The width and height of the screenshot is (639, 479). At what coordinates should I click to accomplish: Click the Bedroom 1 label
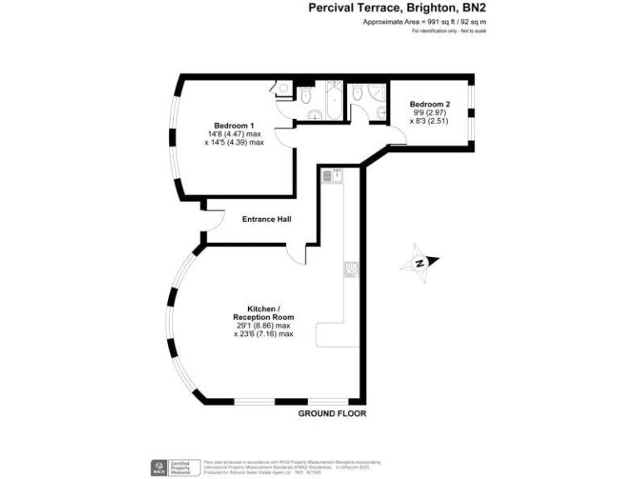coord(233,126)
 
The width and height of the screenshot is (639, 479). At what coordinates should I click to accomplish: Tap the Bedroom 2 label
coord(430,103)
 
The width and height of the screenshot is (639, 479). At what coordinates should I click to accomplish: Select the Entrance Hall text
coord(265,220)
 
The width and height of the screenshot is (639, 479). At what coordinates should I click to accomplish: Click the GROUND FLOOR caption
coord(332,413)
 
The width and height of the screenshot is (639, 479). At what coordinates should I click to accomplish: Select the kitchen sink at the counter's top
coord(338,175)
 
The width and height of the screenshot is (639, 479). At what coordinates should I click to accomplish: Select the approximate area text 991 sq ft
coord(424,22)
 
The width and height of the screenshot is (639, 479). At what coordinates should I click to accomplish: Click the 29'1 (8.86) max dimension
coord(263,326)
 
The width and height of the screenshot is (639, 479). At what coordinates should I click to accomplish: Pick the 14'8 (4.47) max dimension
coord(234,134)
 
